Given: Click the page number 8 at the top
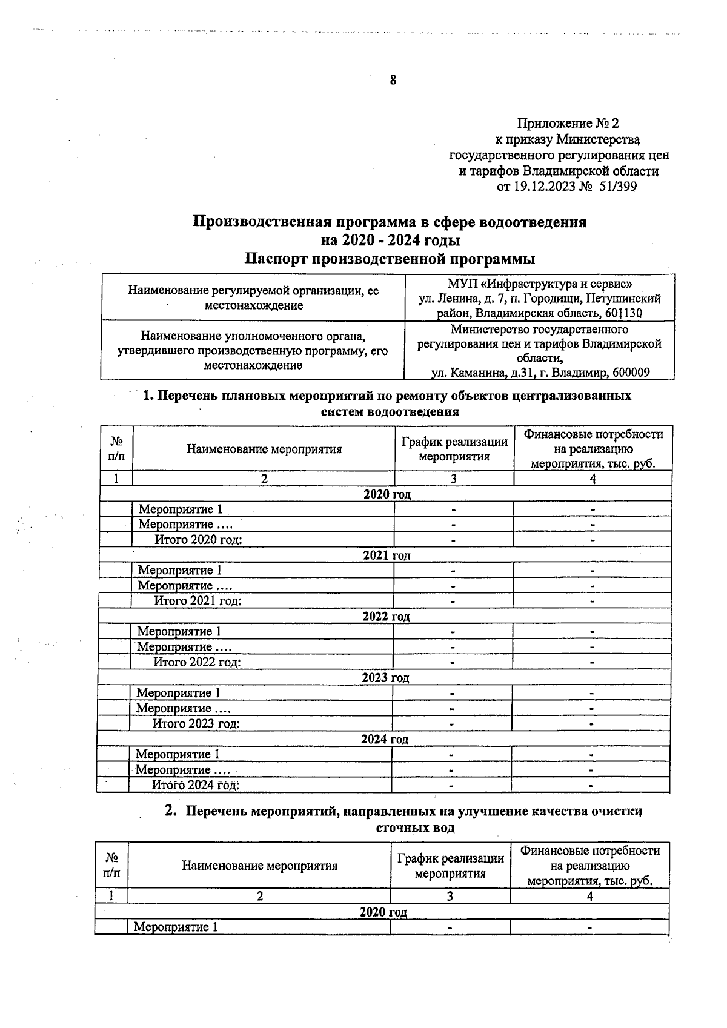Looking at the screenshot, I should (x=393, y=80).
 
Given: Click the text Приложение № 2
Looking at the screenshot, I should (x=568, y=124).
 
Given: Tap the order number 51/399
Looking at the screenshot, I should (x=617, y=187).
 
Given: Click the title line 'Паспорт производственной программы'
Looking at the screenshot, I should (x=390, y=259).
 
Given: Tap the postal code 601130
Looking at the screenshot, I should (x=624, y=313).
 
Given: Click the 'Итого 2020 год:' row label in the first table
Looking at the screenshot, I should (x=198, y=540).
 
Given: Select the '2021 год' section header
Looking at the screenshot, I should (x=387, y=555).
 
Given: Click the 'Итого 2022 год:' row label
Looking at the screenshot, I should (x=197, y=662).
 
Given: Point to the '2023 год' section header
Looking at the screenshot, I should (x=385, y=678).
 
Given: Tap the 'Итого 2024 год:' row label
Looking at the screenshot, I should (x=195, y=785).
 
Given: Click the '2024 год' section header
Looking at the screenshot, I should (x=385, y=739).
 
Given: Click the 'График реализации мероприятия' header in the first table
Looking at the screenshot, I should (x=454, y=449).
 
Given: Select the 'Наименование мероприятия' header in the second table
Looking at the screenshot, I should (x=259, y=866).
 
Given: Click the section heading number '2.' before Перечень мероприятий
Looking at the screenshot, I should (x=171, y=811).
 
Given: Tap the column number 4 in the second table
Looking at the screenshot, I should (x=589, y=897).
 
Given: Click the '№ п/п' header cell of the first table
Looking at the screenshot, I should (x=116, y=449).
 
